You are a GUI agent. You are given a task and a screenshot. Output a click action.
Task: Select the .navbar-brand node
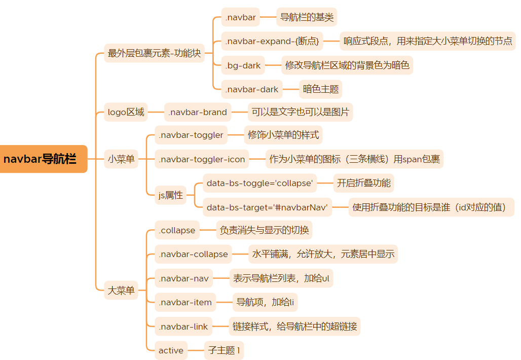(x=198, y=112)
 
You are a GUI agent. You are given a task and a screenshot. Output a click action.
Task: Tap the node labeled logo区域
(x=126, y=112)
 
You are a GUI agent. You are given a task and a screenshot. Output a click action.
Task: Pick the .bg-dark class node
(x=243, y=65)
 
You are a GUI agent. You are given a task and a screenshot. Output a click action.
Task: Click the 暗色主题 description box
(x=321, y=89)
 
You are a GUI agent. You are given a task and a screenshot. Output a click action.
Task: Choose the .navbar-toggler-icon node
(x=202, y=159)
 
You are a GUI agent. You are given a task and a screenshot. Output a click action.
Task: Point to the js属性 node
(x=170, y=195)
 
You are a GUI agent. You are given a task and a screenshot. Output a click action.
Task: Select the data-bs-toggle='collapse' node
(x=259, y=183)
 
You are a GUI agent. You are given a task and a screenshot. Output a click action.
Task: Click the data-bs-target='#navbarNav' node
(x=267, y=207)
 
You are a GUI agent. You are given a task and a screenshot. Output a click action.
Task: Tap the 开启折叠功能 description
(x=364, y=183)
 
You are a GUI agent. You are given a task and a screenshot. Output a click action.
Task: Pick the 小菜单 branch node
(x=121, y=159)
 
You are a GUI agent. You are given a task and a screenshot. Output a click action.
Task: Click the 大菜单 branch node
(x=121, y=291)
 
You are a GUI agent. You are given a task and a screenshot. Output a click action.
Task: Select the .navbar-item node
(x=185, y=302)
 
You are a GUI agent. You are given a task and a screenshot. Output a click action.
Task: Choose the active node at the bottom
(x=171, y=350)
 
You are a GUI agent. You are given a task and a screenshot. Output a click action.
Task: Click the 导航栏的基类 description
(x=307, y=18)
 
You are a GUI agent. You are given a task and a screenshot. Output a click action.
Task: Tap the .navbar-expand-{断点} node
(x=272, y=42)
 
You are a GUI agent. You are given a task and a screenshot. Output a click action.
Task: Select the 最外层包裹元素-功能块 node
(x=154, y=53)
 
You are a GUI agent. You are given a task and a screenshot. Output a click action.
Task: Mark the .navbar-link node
(x=183, y=327)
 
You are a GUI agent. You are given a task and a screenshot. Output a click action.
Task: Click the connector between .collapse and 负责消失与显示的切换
(x=207, y=230)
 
